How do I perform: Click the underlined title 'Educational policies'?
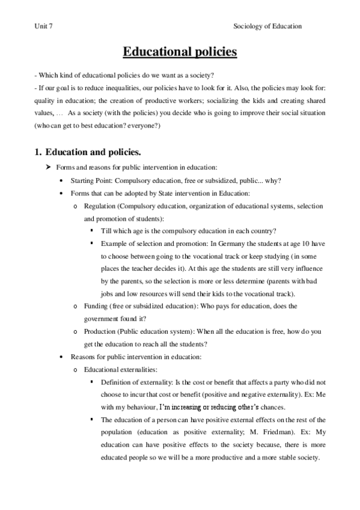(x=180, y=52)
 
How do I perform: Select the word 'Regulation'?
(x=98, y=206)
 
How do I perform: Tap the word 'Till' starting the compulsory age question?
(x=106, y=230)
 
